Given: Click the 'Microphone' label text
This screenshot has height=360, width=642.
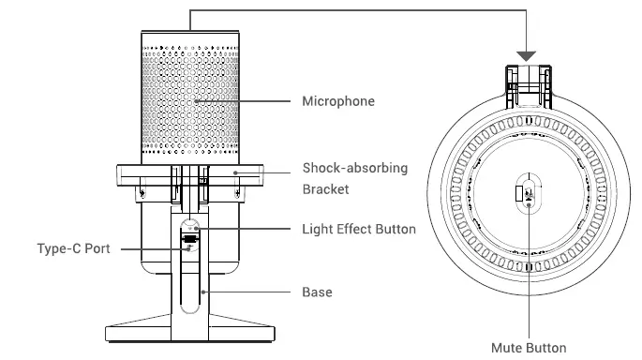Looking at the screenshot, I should click(x=337, y=100).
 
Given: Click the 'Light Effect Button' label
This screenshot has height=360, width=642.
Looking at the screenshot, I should click(x=359, y=229).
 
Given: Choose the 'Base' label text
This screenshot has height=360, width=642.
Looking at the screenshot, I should click(x=317, y=292).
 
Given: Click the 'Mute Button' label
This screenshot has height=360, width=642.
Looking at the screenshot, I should click(x=529, y=346).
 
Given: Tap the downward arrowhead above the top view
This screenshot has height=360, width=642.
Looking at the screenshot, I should click(x=529, y=55).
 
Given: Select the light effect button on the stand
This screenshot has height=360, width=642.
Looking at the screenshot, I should click(x=191, y=227).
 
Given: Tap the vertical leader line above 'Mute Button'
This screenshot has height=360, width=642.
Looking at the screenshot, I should click(x=529, y=281).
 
